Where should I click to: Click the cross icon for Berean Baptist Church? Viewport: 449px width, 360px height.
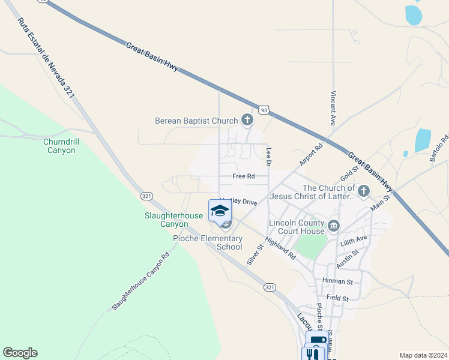tap(247, 121)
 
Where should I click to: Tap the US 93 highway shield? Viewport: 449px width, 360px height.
tap(264, 110)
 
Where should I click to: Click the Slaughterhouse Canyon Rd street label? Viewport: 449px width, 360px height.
tap(140, 281)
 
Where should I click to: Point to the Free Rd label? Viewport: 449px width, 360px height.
tap(244, 176)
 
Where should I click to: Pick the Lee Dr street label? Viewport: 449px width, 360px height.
tap(269, 157)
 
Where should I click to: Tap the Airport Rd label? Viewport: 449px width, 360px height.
tap(312, 154)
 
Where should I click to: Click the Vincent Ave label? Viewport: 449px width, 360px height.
tap(333, 108)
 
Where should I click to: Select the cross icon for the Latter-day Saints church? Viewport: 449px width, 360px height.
tap(363, 192)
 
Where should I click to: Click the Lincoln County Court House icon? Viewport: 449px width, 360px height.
tap(334, 227)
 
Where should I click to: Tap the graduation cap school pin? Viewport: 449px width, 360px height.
tap(220, 211)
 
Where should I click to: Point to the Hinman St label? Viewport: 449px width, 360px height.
tap(337, 281)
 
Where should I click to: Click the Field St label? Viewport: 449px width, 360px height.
tap(338, 298)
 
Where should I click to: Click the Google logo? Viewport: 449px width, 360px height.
tap(20, 353)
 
